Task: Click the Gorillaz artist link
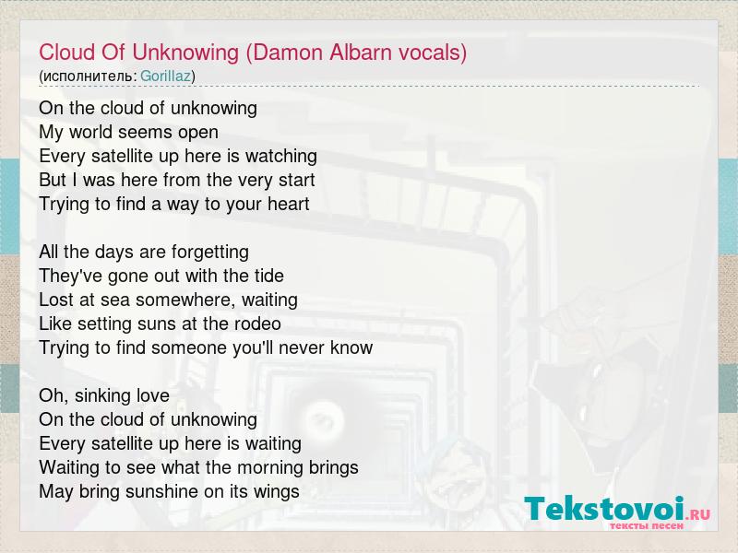[165, 76]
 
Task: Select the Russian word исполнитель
[88, 76]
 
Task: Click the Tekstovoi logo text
[604, 509]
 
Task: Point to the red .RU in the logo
[698, 514]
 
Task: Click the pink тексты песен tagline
[647, 525]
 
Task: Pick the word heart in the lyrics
[289, 204]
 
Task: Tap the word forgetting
[210, 252]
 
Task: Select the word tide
[269, 276]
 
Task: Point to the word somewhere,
[184, 300]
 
